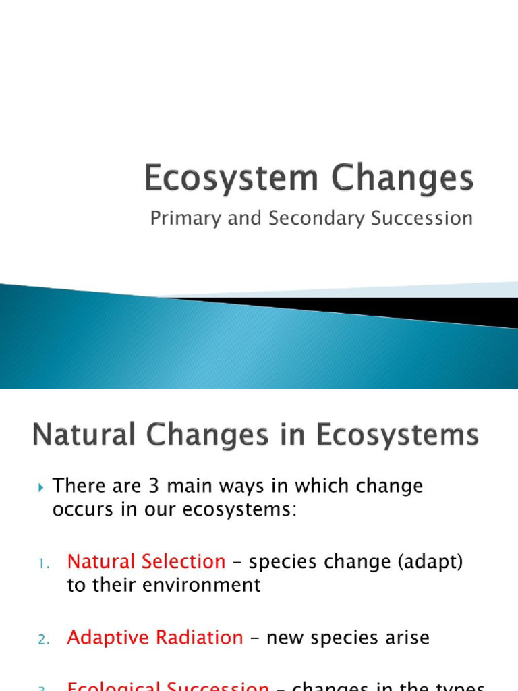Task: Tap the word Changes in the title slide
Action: [x=397, y=180]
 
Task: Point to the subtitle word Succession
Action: [x=418, y=219]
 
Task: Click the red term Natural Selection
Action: [x=146, y=561]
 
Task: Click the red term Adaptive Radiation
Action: [x=155, y=638]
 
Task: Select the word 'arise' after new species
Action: [x=404, y=638]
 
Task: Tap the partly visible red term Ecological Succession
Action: [x=168, y=686]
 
